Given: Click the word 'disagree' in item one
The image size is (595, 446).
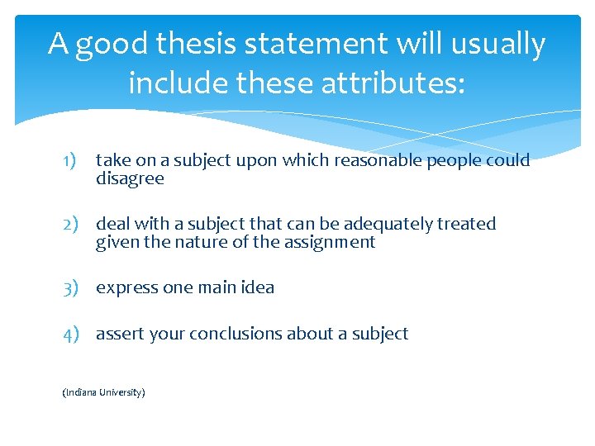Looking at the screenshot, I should click(x=130, y=178).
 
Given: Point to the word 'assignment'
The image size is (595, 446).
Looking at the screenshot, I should click(x=334, y=242).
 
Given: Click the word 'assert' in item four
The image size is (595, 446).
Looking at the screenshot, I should click(x=120, y=334).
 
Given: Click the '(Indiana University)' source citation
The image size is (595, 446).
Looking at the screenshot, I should click(x=103, y=393).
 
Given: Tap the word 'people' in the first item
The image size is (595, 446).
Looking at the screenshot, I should click(x=451, y=160).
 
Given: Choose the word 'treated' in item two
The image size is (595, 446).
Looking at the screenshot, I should click(x=468, y=224).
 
